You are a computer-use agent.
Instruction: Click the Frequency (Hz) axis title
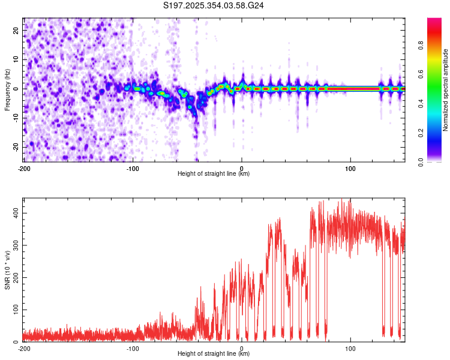pyautogui.click(x=7, y=89)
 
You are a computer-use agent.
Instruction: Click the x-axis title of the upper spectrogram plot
pyautogui.click(x=214, y=174)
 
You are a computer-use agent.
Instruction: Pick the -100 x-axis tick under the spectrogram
pyautogui.click(x=133, y=167)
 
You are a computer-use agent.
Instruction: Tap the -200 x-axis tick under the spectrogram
pyautogui.click(x=24, y=167)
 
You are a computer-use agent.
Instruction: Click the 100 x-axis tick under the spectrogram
pyautogui.click(x=350, y=167)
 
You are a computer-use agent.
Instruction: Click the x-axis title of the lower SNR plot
pyautogui.click(x=214, y=354)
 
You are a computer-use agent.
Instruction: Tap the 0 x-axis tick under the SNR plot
pyautogui.click(x=242, y=347)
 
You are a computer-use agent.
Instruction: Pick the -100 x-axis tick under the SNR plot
pyautogui.click(x=133, y=347)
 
